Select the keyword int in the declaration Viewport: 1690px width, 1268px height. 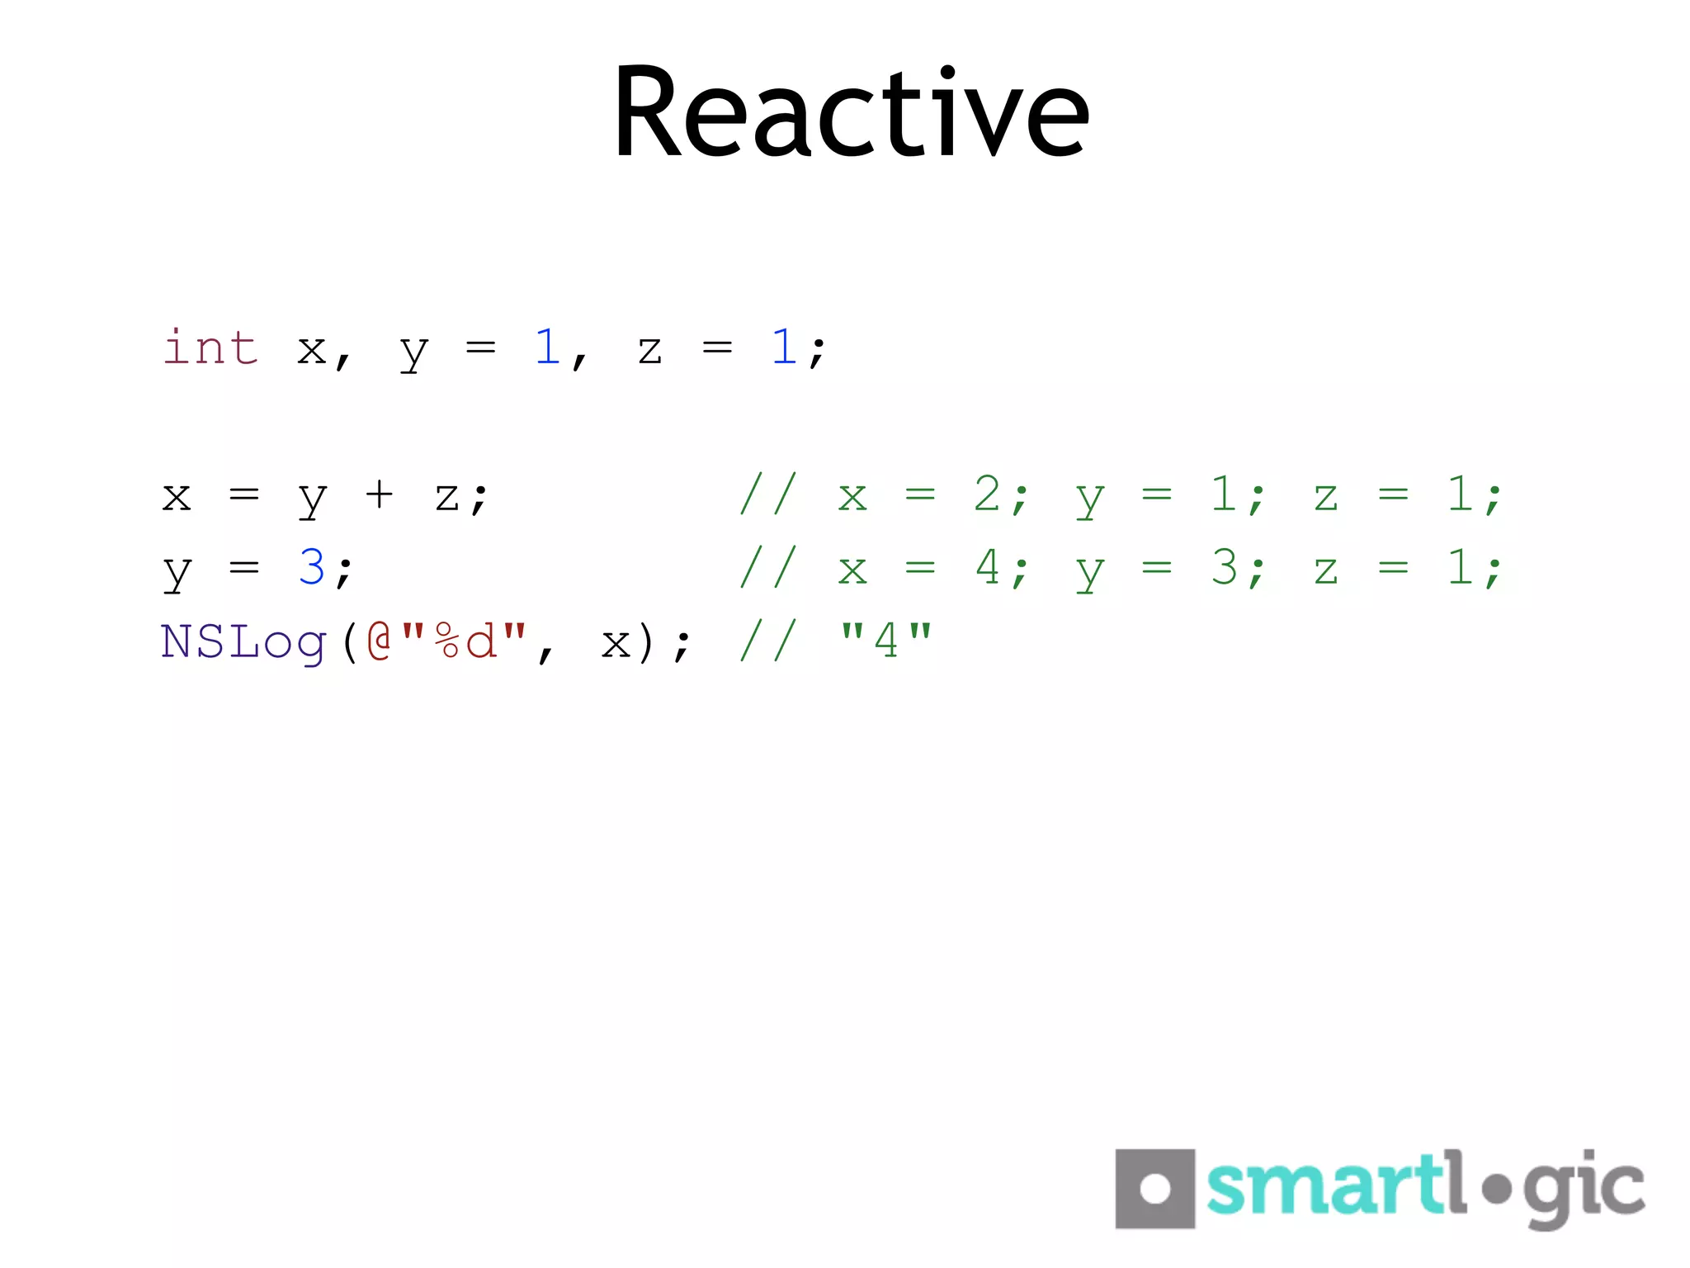pyautogui.click(x=211, y=347)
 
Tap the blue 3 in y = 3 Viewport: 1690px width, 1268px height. pyautogui.click(x=312, y=568)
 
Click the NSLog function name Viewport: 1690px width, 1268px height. pyautogui.click(x=244, y=642)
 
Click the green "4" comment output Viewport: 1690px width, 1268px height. pyautogui.click(x=885, y=641)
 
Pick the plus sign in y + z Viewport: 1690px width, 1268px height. pyautogui.click(x=379, y=495)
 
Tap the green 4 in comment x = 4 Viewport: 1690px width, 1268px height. pyautogui.click(x=987, y=568)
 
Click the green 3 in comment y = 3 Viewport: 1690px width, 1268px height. pyautogui.click(x=1224, y=568)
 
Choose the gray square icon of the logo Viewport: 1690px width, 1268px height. pyautogui.click(x=1154, y=1189)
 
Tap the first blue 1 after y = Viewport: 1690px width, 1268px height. pyautogui.click(x=547, y=347)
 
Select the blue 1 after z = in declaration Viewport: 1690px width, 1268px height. pyautogui.click(x=783, y=347)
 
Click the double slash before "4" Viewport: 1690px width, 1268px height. pyautogui.click(x=768, y=641)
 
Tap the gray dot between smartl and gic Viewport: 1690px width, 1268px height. pyautogui.click(x=1496, y=1190)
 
